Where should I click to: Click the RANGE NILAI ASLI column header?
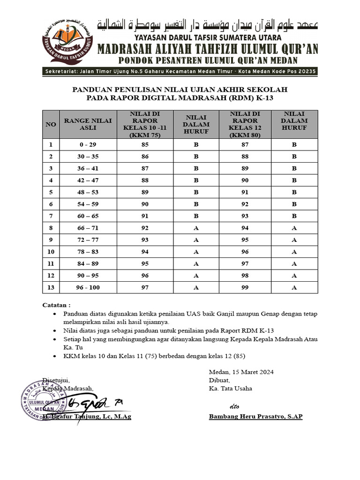pos(88,124)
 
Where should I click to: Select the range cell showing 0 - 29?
pos(88,145)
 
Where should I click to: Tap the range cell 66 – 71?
pos(88,228)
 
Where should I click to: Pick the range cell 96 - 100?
pos(88,288)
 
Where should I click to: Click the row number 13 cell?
pos(51,288)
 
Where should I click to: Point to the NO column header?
pos(51,124)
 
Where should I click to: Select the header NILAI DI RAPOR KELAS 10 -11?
pos(145,124)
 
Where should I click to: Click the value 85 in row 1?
pos(145,145)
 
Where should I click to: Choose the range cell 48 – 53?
pos(88,193)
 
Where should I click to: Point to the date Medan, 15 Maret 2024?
pos(241,372)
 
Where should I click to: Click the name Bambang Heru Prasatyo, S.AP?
pos(255,417)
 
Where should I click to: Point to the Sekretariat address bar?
pos(180,71)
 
